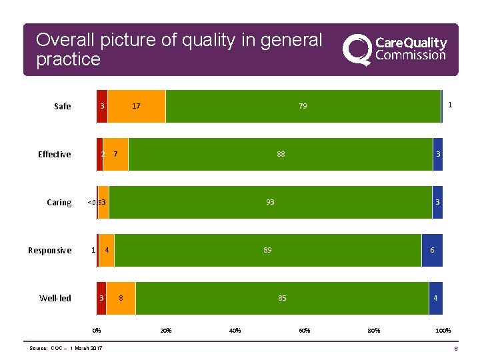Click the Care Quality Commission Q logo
[x=357, y=50]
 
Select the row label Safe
[x=63, y=107]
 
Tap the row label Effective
[x=55, y=155]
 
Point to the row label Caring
[x=59, y=203]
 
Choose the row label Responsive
[x=50, y=251]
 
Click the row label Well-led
[x=55, y=299]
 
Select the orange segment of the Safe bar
[x=136, y=107]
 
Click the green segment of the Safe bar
[x=303, y=107]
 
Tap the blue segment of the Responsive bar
[x=432, y=251]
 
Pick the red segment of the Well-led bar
[x=101, y=298]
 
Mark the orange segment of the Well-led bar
[x=121, y=298]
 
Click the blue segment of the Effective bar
[x=437, y=155]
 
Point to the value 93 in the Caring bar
[x=270, y=203]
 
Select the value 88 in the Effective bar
[x=281, y=155]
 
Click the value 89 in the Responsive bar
[x=267, y=251]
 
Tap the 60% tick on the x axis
[x=304, y=331]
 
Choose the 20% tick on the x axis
[x=166, y=331]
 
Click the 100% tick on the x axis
[x=443, y=331]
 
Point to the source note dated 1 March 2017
[x=66, y=349]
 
